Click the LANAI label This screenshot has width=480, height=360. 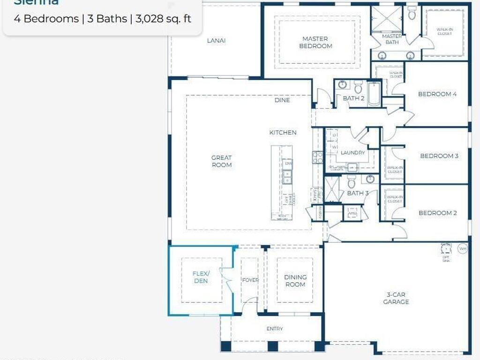point(216,40)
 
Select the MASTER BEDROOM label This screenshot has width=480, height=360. point(315,42)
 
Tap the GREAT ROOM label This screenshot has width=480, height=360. point(221,161)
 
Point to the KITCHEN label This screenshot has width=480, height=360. point(283,133)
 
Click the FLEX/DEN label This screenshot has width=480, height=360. point(201,277)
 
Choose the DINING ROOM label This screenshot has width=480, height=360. point(295,281)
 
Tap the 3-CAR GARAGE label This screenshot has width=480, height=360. point(396,298)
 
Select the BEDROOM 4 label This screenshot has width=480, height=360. point(437,94)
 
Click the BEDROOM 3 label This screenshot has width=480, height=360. point(439,156)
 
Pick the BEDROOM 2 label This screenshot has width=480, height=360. point(437,213)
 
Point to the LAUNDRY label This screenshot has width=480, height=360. point(352,153)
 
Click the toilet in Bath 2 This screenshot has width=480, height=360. point(358,87)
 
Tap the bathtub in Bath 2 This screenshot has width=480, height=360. point(374,93)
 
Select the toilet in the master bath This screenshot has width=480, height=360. point(412,13)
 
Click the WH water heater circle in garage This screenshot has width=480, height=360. point(462,248)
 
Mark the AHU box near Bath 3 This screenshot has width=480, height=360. point(352,213)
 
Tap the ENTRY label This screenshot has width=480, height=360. point(275,329)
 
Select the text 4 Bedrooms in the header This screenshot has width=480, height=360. point(46,19)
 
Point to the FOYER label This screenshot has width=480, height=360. point(250,280)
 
